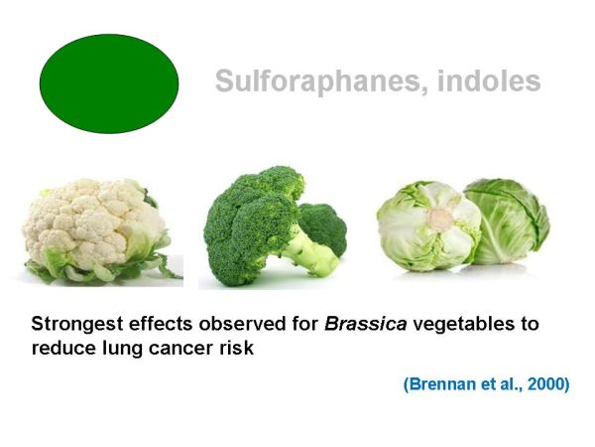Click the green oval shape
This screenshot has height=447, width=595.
109,83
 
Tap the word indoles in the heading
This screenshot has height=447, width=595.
489,79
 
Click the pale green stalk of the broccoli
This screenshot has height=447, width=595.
309,252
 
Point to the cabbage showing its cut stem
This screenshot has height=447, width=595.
428,226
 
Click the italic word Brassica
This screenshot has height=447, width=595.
365,324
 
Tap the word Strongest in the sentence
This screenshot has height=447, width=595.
77,325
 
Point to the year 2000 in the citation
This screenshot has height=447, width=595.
544,383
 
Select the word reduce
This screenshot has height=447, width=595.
63,349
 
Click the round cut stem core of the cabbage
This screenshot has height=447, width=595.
441,219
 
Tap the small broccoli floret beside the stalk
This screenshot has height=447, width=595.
323,227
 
